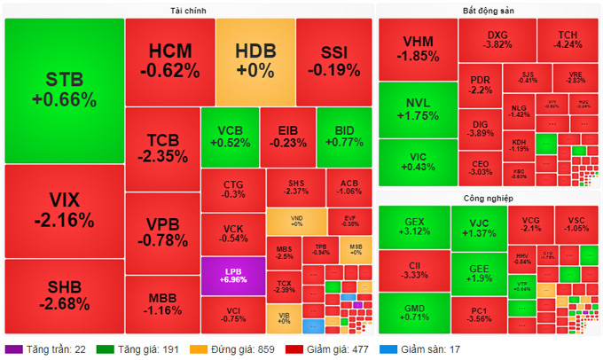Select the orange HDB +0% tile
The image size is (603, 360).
pyautogui.click(x=255, y=60)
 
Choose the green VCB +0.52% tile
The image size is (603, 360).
pyautogui.click(x=233, y=136)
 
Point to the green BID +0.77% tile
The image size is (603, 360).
pyautogui.click(x=344, y=136)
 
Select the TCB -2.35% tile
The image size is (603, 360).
pyautogui.click(x=161, y=148)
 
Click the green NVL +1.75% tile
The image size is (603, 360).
pyautogui.click(x=417, y=109)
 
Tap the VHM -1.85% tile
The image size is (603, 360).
pyautogui.click(x=417, y=50)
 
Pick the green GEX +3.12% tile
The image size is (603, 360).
pyautogui.click(x=413, y=226)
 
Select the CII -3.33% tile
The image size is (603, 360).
pyautogui.click(x=413, y=269)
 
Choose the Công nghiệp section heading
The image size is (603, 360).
pyautogui.click(x=489, y=198)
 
